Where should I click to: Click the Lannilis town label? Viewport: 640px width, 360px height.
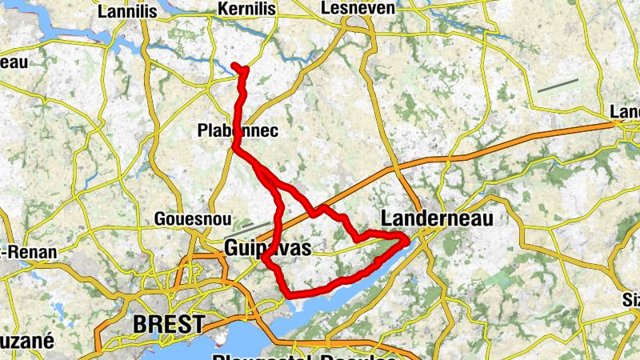click(x=125, y=12)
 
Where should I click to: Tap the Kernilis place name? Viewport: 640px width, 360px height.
click(x=247, y=9)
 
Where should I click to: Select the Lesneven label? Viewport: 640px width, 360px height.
click(x=346, y=8)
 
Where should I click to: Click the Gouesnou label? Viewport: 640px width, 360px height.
click(x=182, y=218)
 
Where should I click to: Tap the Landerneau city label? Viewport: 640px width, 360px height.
click(x=437, y=218)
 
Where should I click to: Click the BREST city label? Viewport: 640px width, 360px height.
click(x=169, y=325)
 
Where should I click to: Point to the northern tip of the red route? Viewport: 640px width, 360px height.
click(x=234, y=65)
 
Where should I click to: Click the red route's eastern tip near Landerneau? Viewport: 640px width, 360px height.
click(x=408, y=238)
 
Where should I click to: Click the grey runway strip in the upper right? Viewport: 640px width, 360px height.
click(x=558, y=85)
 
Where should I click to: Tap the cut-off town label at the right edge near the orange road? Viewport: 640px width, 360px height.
click(x=626, y=113)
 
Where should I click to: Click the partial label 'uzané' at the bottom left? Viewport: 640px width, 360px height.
click(x=26, y=341)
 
